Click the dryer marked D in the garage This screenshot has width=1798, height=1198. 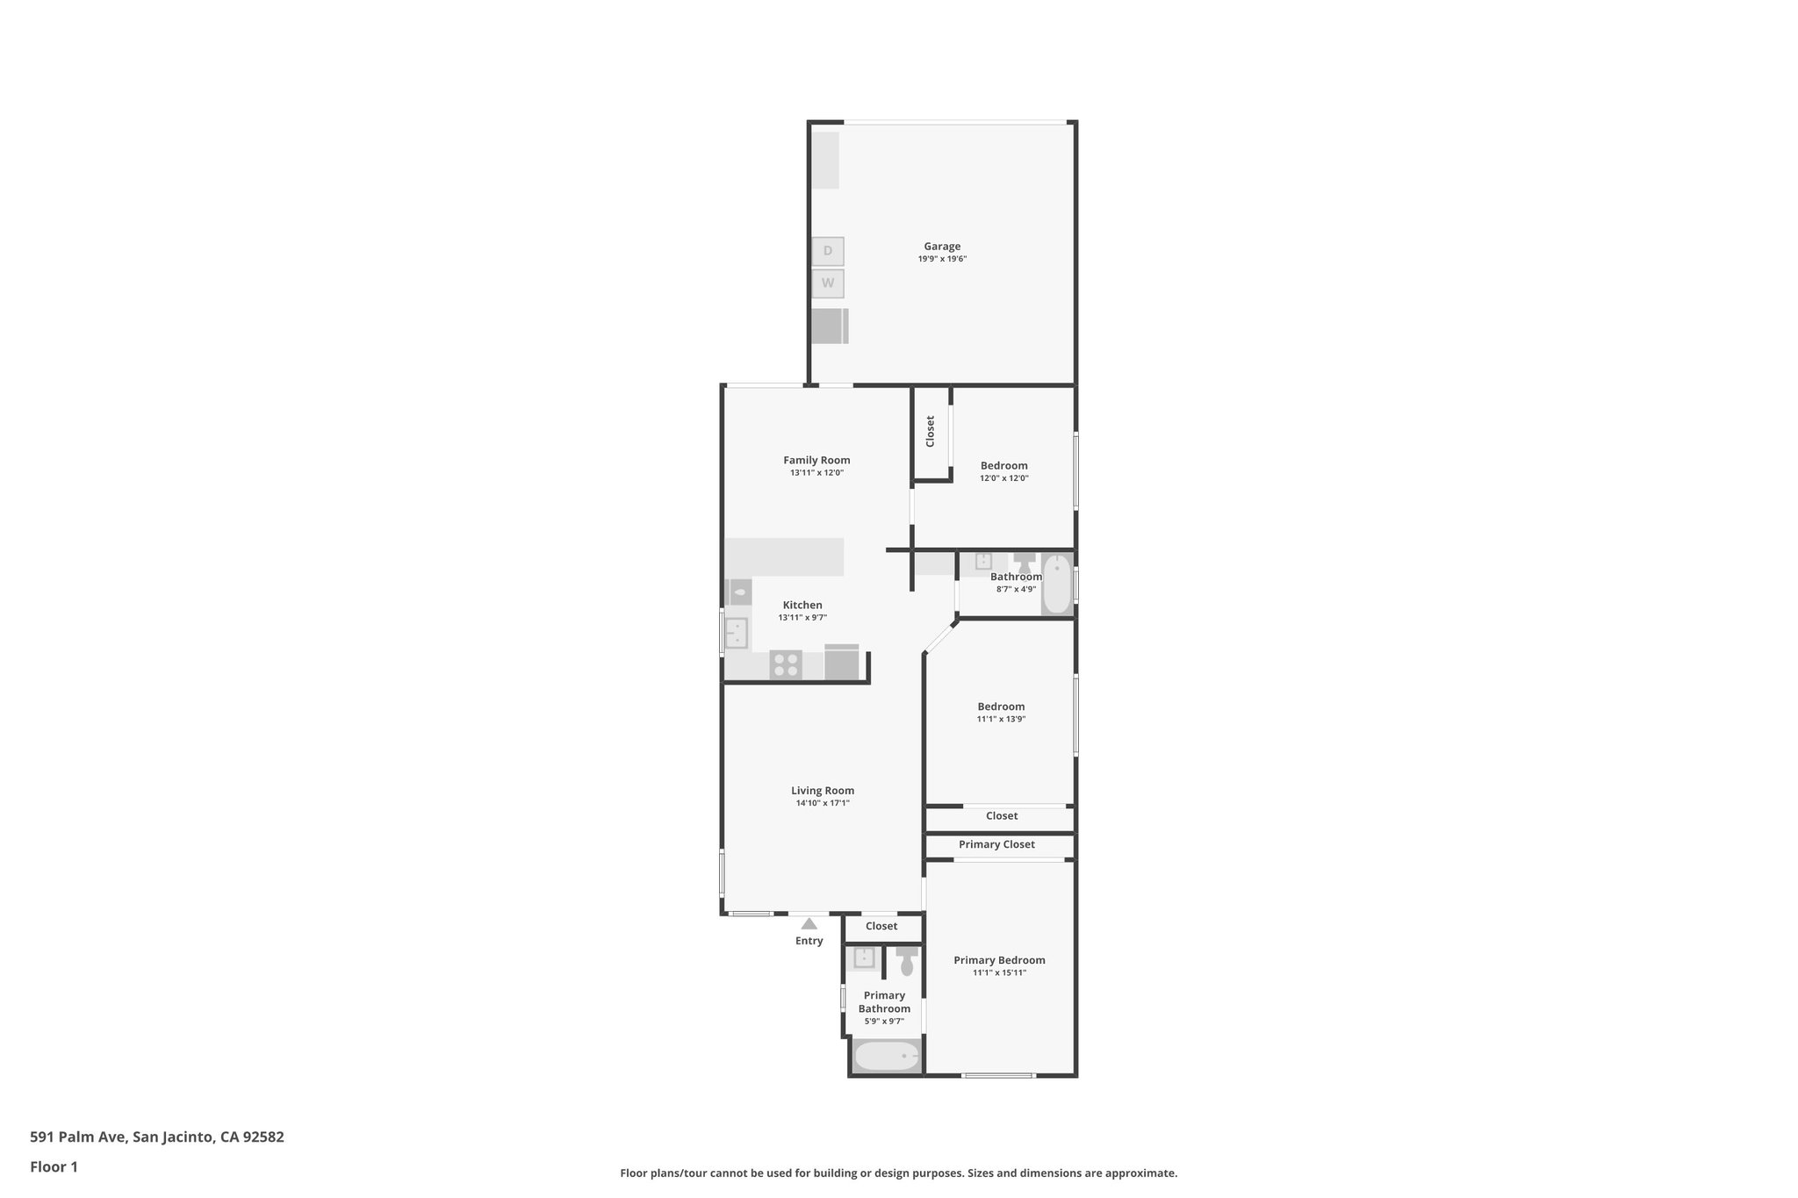click(827, 252)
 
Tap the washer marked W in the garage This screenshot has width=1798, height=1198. click(827, 283)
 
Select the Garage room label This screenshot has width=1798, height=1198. click(942, 247)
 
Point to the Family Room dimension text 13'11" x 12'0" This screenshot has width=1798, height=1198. click(816, 473)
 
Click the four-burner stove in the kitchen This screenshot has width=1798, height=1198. click(786, 664)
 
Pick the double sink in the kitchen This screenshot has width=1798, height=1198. click(736, 632)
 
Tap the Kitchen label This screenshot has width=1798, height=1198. click(802, 605)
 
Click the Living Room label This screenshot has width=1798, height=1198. click(823, 791)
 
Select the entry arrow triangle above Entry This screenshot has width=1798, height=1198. click(809, 923)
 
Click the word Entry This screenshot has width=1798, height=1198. click(809, 941)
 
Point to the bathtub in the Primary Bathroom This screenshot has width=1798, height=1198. click(887, 1056)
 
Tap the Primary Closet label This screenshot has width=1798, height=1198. click(996, 844)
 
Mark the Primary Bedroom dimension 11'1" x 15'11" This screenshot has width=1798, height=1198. click(999, 972)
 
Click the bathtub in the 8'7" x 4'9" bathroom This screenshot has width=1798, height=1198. click(1057, 584)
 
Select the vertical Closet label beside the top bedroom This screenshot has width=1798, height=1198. click(931, 431)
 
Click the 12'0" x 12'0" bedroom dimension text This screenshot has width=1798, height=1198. click(1004, 478)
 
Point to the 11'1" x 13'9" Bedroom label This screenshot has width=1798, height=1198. click(1001, 707)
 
